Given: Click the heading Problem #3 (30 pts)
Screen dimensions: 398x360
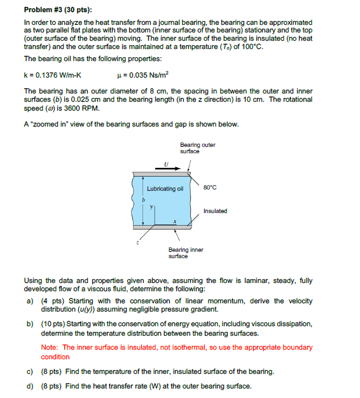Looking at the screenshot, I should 57,10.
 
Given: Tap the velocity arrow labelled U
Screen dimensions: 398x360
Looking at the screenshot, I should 166,168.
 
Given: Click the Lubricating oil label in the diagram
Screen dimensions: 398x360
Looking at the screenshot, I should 165,189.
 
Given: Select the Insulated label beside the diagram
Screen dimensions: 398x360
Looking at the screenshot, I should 215,210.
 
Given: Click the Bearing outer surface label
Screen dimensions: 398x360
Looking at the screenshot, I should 197,148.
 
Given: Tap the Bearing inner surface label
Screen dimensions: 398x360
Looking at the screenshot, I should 186,253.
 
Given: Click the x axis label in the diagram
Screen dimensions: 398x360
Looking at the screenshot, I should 175,221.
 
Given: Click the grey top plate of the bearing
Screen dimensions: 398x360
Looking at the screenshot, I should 162,174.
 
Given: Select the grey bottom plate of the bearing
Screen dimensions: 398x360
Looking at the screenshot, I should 162,227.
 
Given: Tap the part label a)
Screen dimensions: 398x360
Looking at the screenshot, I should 29,301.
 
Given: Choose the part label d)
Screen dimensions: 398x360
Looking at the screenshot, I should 29,386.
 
